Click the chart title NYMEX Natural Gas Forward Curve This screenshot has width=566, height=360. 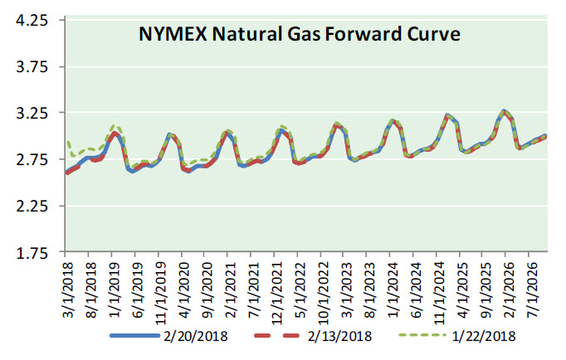click(x=298, y=36)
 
